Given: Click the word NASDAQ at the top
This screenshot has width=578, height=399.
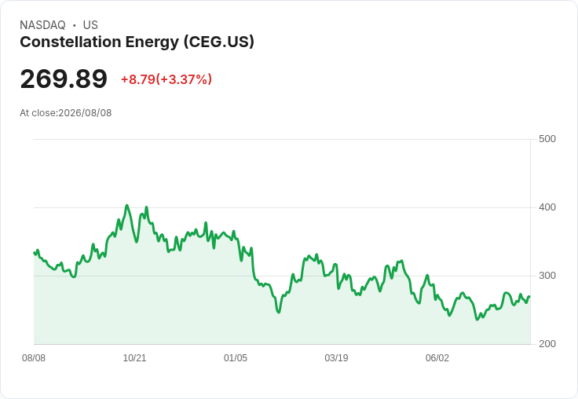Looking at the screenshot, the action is [42, 25].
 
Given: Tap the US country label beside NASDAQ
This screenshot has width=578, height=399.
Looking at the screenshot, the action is [90, 25].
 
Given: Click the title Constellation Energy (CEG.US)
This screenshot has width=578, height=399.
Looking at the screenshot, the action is [137, 42].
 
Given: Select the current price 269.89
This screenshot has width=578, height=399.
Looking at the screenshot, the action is [64, 79].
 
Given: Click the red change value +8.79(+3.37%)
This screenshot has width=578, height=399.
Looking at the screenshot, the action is [166, 79].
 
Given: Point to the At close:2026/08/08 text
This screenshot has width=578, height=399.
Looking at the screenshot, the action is [66, 113].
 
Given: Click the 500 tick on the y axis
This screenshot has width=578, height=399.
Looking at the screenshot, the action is [547, 139].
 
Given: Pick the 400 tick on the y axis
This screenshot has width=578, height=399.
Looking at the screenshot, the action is [547, 207].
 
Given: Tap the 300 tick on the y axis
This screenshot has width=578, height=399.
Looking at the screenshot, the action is [547, 276].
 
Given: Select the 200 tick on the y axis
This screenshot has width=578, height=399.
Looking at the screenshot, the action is [547, 344].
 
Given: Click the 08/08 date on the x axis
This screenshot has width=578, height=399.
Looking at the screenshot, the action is [34, 358].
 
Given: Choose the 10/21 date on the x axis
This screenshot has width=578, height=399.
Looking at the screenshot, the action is [134, 358].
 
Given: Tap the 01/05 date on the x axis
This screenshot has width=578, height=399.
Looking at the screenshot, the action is [236, 358].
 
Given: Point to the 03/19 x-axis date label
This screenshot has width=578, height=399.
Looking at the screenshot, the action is [336, 358].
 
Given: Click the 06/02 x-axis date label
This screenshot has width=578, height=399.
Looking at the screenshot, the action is [437, 358].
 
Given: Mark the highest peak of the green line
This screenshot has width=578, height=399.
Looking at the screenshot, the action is [126, 206].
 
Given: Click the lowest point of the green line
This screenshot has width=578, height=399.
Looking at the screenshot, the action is [477, 320].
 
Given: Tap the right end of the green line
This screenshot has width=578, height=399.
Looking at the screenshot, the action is [529, 296].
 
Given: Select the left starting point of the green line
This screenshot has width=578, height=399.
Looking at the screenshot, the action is [35, 253].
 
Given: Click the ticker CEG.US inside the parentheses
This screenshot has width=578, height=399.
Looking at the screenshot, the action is [219, 42].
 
